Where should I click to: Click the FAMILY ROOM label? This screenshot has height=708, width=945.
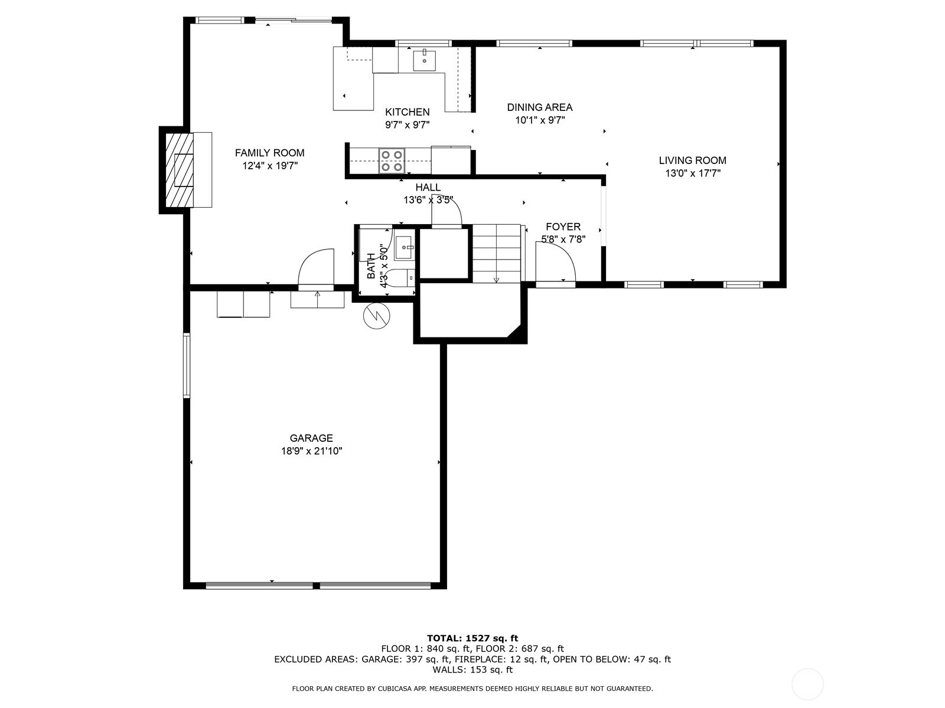tap(269, 153)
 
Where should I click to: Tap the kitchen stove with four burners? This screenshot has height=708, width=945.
tap(392, 160)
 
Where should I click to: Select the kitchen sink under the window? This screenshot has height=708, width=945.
tap(424, 60)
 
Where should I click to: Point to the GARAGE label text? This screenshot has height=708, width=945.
tap(311, 438)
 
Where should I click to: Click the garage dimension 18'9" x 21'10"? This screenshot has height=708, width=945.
tap(311, 451)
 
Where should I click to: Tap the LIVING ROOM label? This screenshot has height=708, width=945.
tap(692, 160)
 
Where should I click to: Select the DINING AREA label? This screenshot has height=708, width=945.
tap(539, 107)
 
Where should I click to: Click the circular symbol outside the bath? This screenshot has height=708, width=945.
tap(376, 316)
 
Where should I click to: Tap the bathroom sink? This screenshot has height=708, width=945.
tap(405, 247)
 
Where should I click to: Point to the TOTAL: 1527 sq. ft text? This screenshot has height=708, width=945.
tap(472, 638)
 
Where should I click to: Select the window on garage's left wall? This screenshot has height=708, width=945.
tap(187, 365)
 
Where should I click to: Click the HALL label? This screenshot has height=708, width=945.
tap(428, 188)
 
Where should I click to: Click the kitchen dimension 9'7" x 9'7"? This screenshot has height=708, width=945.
tap(407, 125)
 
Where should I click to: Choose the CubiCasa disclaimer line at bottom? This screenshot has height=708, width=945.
tap(472, 689)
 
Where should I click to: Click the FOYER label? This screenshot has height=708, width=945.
tap(563, 227)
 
